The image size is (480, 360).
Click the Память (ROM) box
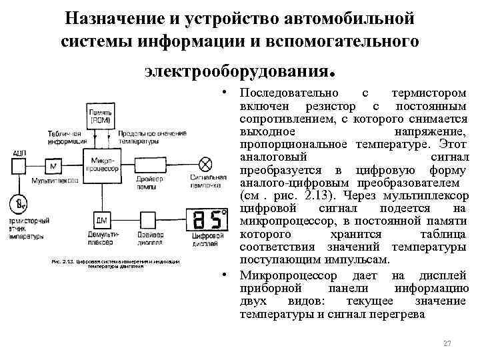(100, 117)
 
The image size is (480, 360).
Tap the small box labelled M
(53, 165)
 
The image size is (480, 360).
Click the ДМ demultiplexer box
(102, 219)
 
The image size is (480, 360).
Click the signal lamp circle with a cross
(207, 163)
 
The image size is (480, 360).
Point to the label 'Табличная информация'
(67, 137)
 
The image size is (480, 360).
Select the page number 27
(447, 343)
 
